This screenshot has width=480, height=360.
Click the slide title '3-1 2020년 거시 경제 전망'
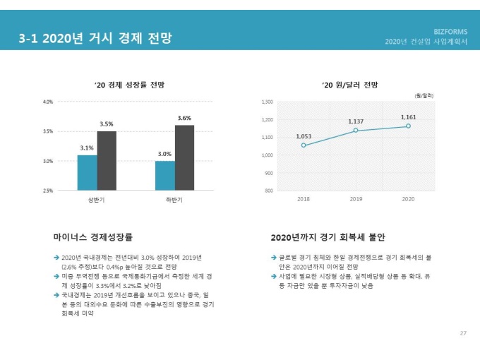95,37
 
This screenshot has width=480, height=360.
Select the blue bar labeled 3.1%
87,172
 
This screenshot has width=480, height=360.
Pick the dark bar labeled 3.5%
107,160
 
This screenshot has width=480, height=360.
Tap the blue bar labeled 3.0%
164,175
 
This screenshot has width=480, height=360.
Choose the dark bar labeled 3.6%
184,157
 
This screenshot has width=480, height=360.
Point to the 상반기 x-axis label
97,200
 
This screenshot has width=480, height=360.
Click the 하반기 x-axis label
174,200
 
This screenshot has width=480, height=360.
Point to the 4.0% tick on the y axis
48,102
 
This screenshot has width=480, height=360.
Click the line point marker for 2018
304,145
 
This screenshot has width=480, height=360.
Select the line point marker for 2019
356,131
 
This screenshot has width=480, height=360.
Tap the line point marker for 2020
408,126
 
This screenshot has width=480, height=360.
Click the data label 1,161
408,117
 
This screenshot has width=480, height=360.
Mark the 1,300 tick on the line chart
267,102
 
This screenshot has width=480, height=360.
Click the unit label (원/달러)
424,95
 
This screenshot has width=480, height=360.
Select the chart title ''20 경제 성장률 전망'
130,85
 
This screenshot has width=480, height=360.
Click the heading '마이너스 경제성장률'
92,237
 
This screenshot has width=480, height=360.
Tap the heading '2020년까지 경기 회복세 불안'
328,237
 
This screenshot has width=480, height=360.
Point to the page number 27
463,332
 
